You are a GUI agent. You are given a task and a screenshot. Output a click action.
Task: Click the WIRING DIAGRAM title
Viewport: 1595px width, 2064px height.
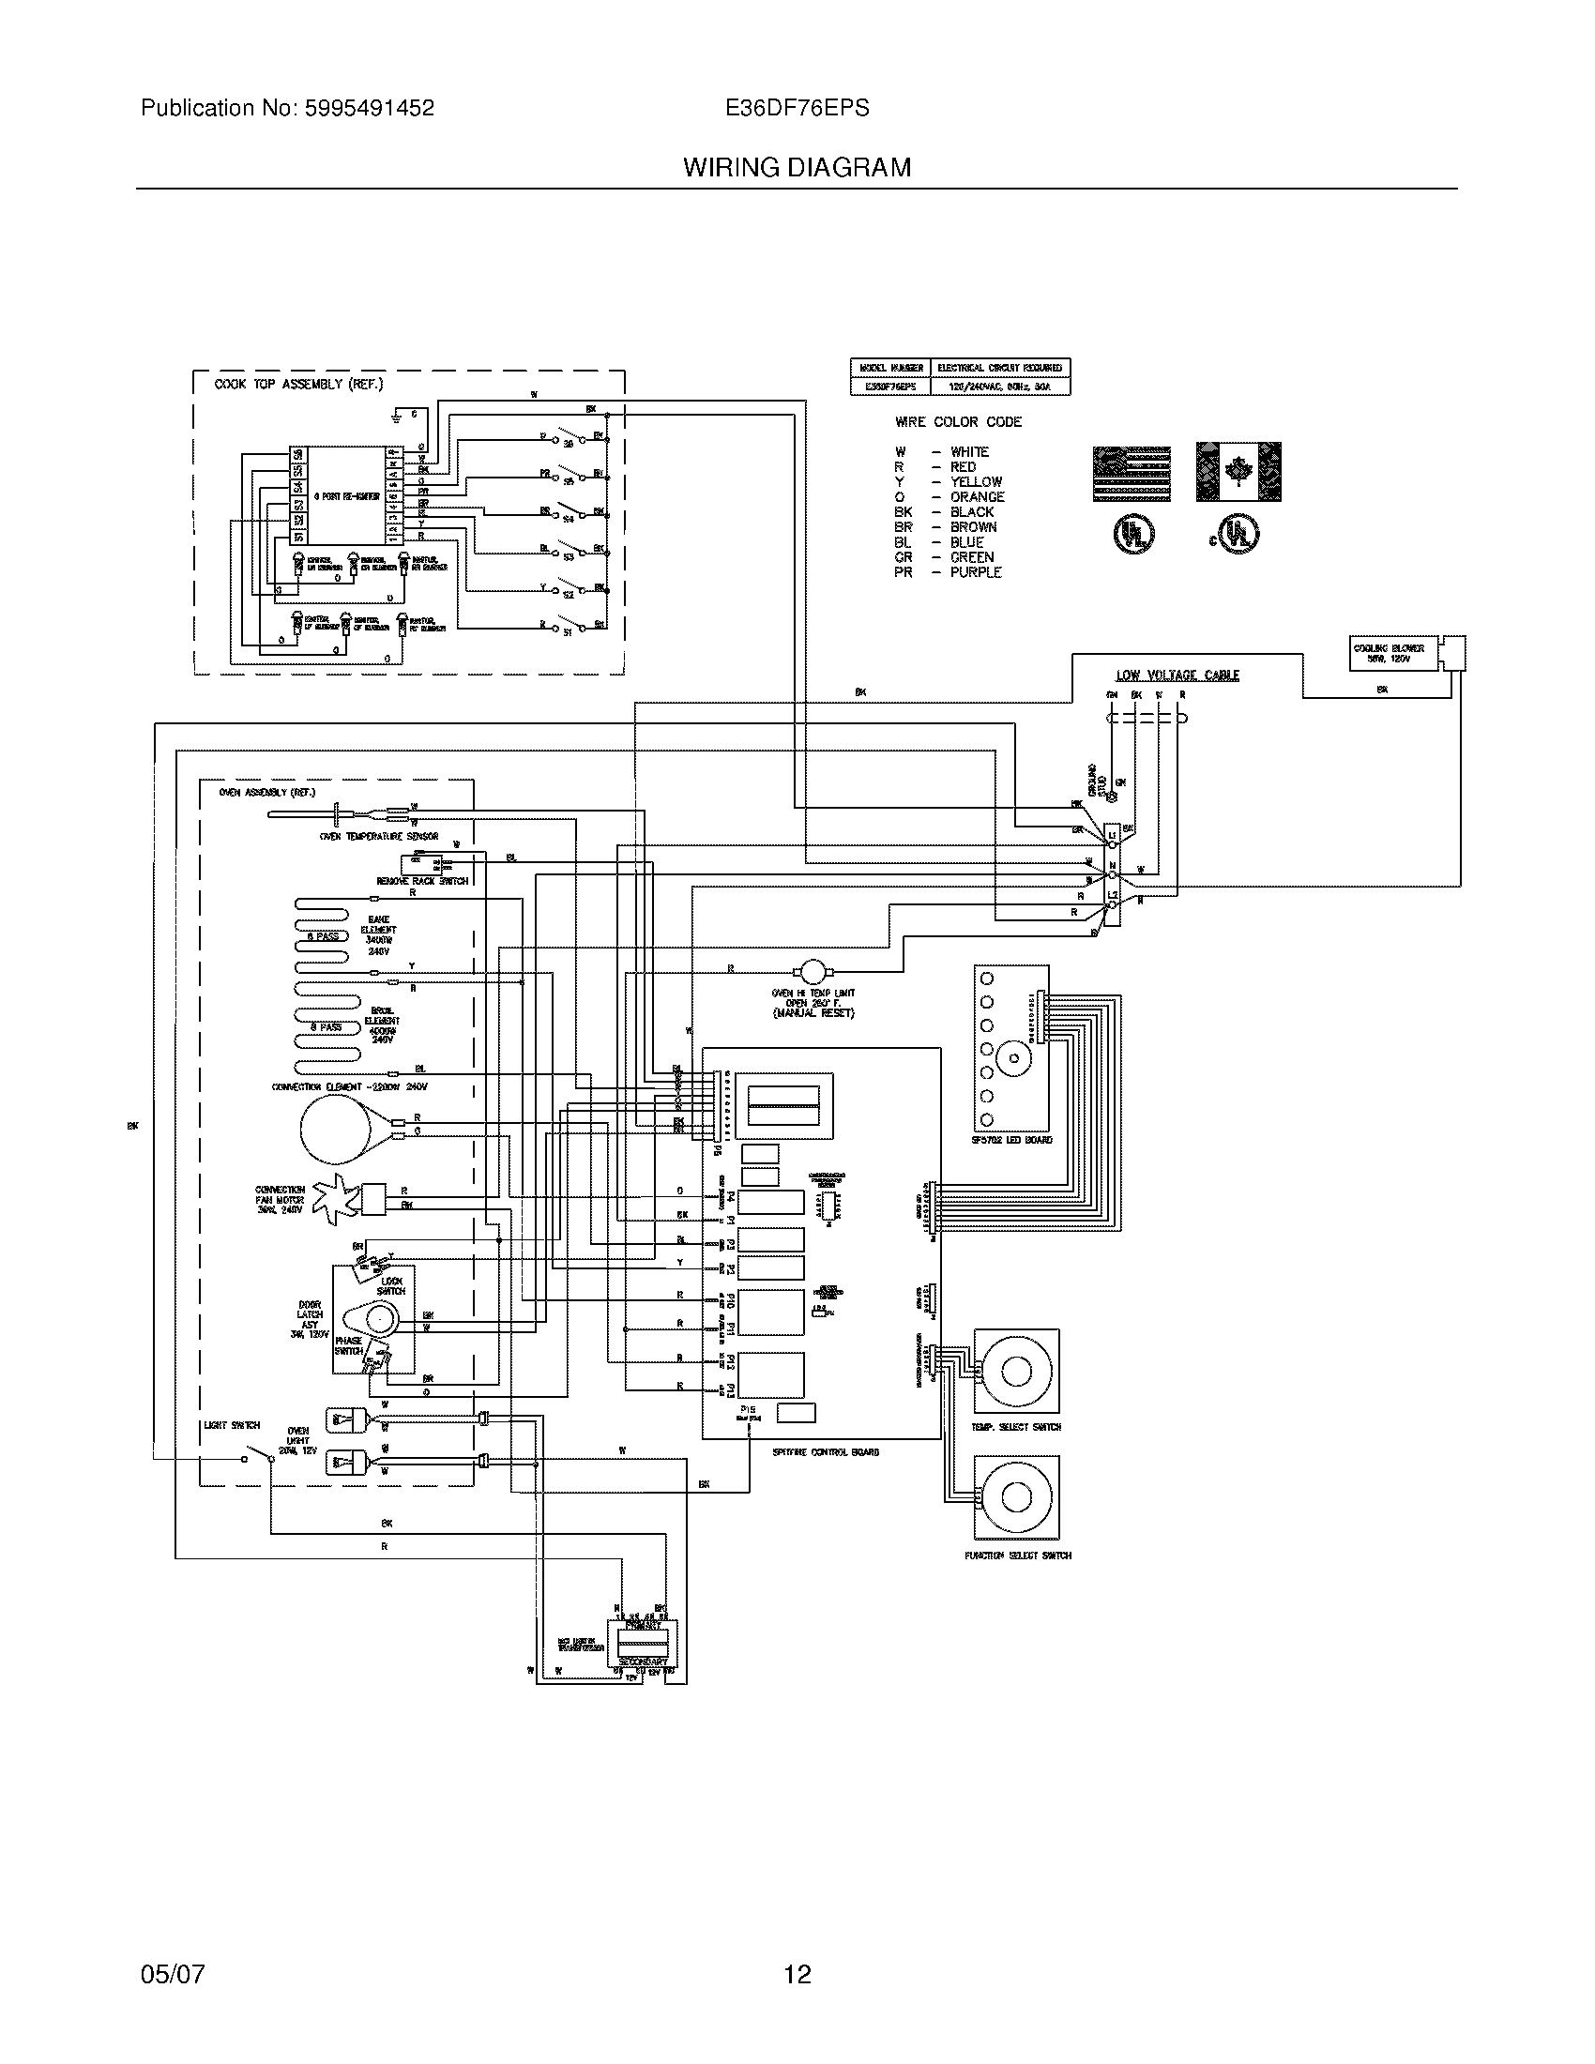(x=797, y=168)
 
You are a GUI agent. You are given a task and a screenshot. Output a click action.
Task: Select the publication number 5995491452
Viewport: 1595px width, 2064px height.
(x=369, y=109)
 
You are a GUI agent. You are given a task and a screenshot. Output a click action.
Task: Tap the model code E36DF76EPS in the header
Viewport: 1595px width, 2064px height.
(x=797, y=109)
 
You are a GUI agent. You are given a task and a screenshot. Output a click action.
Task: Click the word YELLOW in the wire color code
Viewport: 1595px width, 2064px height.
(x=976, y=482)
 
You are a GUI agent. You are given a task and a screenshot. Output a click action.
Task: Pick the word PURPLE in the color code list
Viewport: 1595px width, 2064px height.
(x=975, y=572)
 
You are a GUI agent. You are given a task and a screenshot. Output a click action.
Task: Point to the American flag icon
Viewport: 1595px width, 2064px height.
(x=1132, y=473)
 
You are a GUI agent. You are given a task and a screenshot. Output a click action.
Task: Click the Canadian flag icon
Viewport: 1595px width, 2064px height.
(x=1238, y=472)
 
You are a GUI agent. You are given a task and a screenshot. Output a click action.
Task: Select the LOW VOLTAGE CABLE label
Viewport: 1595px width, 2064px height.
(x=1177, y=675)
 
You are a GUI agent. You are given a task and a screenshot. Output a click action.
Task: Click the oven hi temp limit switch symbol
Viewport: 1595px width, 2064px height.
(x=812, y=970)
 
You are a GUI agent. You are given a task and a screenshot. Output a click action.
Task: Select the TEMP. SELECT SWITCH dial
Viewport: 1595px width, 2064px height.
(x=1016, y=1372)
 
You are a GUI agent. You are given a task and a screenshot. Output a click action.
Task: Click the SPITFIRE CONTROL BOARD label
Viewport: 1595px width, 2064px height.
(x=825, y=1451)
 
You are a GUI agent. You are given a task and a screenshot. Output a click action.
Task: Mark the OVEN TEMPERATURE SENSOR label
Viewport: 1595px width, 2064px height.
(x=378, y=836)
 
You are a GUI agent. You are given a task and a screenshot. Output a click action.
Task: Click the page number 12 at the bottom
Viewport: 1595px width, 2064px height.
(x=797, y=1974)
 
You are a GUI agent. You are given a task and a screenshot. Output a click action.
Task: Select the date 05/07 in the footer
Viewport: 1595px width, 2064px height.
(x=172, y=1974)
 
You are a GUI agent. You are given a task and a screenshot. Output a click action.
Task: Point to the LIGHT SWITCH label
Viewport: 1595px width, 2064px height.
(x=232, y=1425)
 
